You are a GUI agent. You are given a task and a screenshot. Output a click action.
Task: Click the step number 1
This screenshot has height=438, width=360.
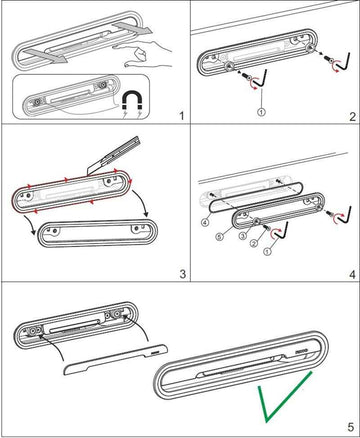[181, 116]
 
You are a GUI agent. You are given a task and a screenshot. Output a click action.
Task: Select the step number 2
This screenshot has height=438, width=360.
[353, 117]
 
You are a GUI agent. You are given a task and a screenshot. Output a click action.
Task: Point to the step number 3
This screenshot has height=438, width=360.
[182, 274]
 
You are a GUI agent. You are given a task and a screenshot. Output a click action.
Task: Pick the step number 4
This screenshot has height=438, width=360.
[352, 275]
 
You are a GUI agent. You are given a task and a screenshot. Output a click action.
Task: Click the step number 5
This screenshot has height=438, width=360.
[351, 427]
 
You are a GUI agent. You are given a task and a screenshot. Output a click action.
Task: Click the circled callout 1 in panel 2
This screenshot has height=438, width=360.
[262, 112]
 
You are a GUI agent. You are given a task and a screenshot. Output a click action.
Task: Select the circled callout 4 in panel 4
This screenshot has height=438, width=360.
[205, 222]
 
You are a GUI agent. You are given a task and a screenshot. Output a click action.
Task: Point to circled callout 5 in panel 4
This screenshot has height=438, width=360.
[219, 236]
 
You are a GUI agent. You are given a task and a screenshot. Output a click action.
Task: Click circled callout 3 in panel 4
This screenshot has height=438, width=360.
[242, 236]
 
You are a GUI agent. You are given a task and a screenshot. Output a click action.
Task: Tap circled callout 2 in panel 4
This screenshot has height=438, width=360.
[254, 243]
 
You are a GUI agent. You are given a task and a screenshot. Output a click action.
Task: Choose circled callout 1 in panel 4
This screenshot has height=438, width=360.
[267, 251]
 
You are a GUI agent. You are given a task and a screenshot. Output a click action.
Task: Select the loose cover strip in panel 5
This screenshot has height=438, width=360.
[115, 359]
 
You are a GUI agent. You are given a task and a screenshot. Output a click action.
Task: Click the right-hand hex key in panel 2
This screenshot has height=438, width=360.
[344, 63]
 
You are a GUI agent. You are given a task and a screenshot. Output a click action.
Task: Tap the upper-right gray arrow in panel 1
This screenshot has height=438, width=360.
[133, 29]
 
